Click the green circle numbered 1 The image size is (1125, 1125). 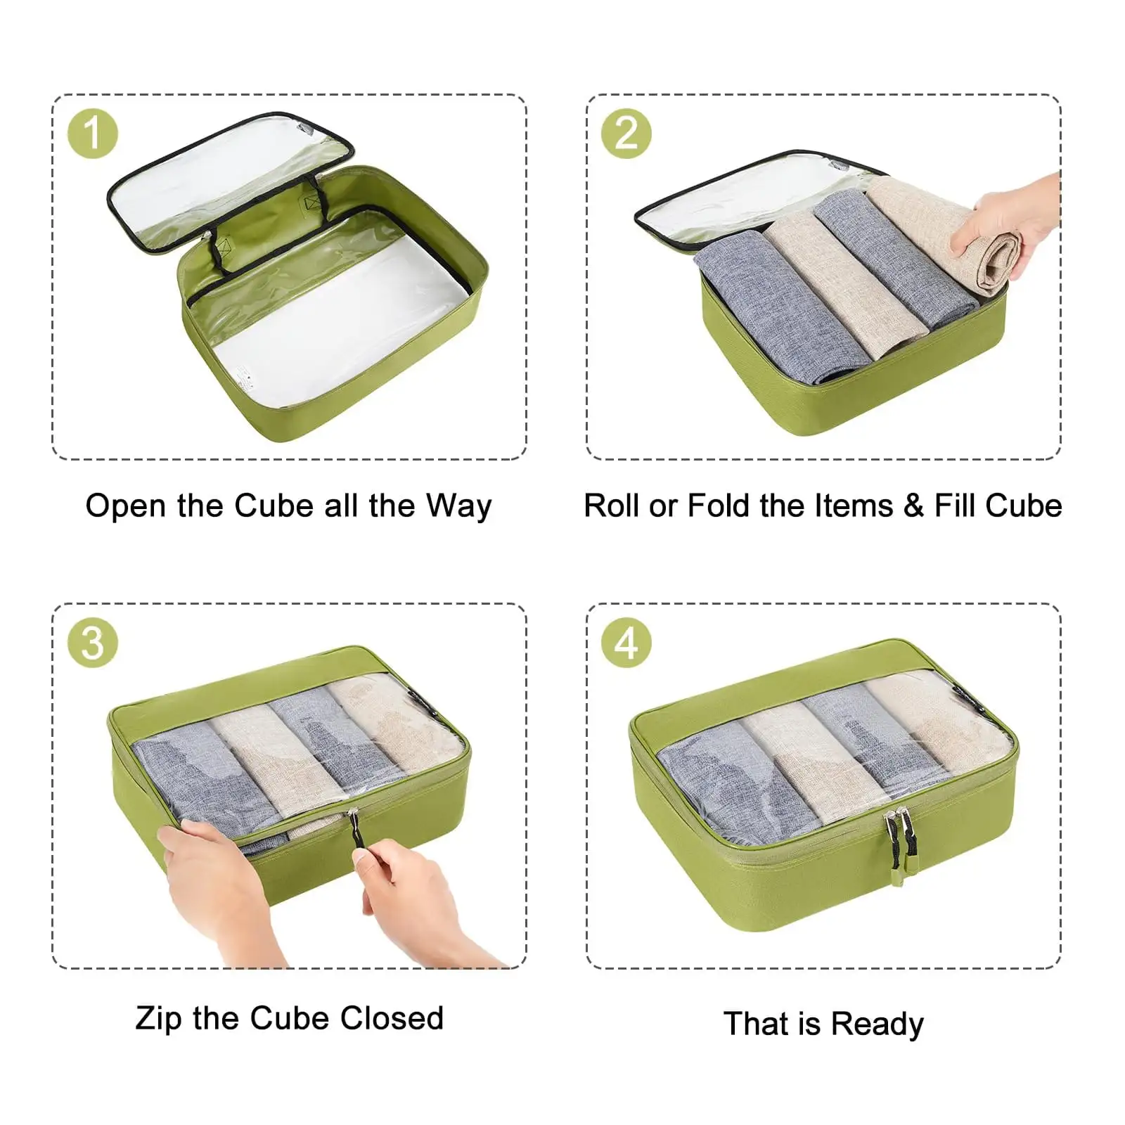[x=92, y=134]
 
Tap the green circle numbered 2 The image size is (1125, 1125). [x=626, y=134]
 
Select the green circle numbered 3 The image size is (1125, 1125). [x=92, y=643]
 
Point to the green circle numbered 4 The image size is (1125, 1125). [x=626, y=643]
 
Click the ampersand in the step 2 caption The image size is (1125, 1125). [x=913, y=506]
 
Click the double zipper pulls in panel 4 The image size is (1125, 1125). [x=894, y=840]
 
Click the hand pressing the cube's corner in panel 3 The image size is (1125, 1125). [x=211, y=886]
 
